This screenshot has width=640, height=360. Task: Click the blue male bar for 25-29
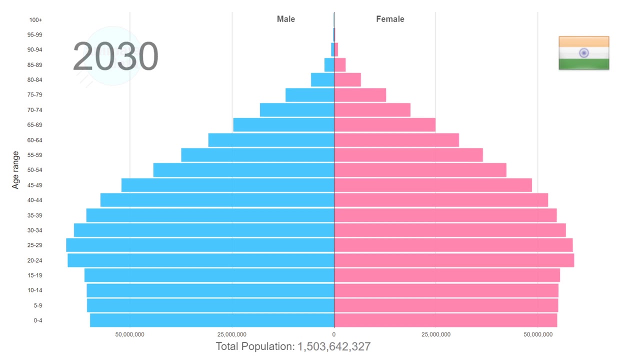click(x=200, y=245)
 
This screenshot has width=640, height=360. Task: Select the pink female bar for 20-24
click(x=454, y=260)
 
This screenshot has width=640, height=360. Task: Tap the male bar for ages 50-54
click(x=243, y=170)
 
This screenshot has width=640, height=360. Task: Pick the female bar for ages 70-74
click(x=372, y=110)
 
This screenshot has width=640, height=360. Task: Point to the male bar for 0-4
click(x=212, y=320)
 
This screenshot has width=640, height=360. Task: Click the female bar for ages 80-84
click(x=347, y=80)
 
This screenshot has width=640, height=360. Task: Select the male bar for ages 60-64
click(x=271, y=140)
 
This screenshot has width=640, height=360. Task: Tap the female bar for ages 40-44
click(x=441, y=200)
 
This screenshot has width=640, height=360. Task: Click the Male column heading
click(x=286, y=19)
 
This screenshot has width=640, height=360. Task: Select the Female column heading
click(x=390, y=19)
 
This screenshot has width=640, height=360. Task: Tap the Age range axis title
click(x=15, y=170)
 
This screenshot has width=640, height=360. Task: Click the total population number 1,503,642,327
click(x=334, y=346)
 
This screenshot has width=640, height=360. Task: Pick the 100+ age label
click(x=36, y=20)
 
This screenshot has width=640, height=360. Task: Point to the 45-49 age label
click(x=35, y=185)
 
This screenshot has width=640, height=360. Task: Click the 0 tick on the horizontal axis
click(x=334, y=334)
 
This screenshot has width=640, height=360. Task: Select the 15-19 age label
click(x=35, y=275)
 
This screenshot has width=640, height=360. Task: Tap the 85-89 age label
click(x=35, y=65)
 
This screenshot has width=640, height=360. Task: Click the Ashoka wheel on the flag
click(x=583, y=53)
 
